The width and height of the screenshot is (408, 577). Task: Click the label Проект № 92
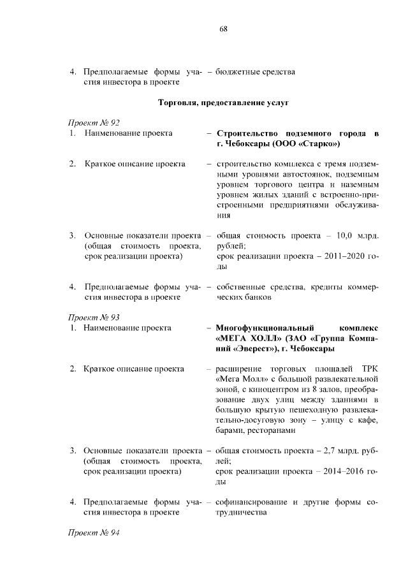coord(94,122)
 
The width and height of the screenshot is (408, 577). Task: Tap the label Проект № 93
coord(94,317)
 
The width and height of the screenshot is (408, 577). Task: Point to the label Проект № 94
coord(94,532)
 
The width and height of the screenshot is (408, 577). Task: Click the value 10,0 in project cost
coord(336,236)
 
